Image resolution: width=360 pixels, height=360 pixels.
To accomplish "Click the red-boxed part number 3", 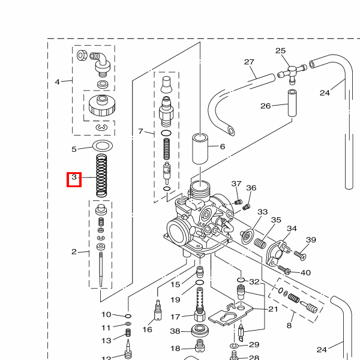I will click(x=74, y=178).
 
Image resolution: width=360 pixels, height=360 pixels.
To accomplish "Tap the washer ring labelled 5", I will click(x=103, y=146).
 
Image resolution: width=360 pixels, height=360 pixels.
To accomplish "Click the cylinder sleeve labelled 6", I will click(x=200, y=149).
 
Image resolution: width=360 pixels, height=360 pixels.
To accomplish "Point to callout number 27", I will click(x=250, y=62).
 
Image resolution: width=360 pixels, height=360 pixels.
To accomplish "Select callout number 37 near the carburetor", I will click(x=236, y=184).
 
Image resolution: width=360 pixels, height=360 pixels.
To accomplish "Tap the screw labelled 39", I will click(x=299, y=255).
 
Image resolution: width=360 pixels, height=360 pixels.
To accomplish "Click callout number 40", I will click(x=305, y=273).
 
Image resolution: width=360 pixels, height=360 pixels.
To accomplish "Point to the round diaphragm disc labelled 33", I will click(x=247, y=236).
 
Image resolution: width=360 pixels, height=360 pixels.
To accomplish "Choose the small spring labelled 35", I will click(x=261, y=243).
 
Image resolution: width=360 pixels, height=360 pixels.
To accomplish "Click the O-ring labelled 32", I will click(x=241, y=280).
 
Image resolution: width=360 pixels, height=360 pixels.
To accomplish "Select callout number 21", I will click(x=273, y=309).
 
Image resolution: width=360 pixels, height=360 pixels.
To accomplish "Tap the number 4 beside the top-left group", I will click(x=58, y=82).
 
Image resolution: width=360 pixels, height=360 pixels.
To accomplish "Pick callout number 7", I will click(x=141, y=131).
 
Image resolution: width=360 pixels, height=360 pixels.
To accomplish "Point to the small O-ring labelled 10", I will click(x=128, y=315).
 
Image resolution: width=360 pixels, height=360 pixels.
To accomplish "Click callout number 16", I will click(x=148, y=329).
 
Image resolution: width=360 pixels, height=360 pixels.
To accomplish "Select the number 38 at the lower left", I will click(x=175, y=331).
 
